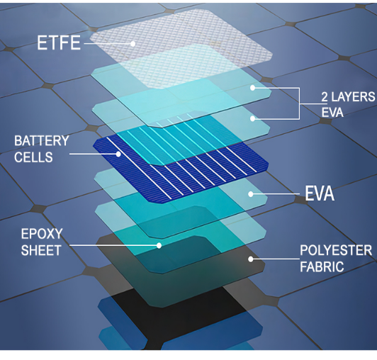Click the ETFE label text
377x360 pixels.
(x=59, y=43)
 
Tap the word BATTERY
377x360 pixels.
(x=42, y=141)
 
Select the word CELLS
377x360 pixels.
(x=33, y=157)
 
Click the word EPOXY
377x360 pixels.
(x=42, y=234)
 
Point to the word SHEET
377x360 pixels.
(x=41, y=250)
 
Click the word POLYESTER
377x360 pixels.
(x=336, y=250)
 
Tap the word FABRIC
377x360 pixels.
(x=322, y=267)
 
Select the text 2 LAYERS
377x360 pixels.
(x=348, y=97)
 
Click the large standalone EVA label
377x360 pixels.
(x=320, y=193)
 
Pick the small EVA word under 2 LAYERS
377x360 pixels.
(x=332, y=112)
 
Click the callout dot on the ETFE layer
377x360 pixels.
(x=133, y=44)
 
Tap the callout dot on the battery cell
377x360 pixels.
(x=118, y=154)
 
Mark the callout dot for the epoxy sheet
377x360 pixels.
(x=159, y=245)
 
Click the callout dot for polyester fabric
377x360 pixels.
(x=251, y=259)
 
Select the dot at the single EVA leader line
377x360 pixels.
(x=251, y=194)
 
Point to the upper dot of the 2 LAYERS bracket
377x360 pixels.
(x=252, y=88)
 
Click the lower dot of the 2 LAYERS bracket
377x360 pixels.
(x=252, y=118)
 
